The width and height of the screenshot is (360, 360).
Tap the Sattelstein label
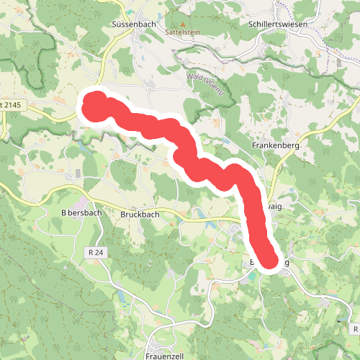click(181, 32)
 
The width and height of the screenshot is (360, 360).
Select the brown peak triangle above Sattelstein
click(182, 24)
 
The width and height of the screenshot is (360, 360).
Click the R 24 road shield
click(95, 252)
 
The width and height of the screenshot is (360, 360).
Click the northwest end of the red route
click(94, 107)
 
